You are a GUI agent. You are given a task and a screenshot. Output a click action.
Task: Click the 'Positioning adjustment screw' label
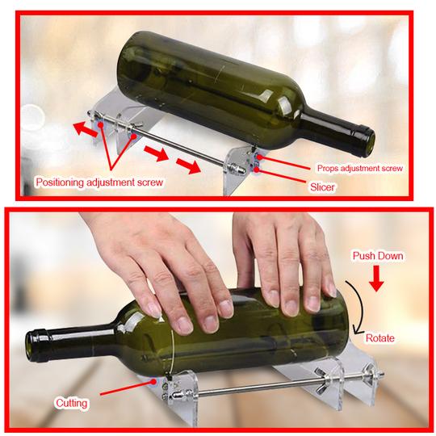click(99, 182)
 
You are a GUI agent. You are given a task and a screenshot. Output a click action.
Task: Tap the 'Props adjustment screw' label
click(360, 168)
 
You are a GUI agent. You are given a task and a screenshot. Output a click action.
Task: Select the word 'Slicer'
click(322, 187)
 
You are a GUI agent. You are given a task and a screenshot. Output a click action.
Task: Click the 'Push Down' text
click(378, 256)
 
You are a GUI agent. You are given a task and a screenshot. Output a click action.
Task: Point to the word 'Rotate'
click(379, 338)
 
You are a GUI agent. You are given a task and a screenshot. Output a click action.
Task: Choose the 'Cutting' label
click(72, 403)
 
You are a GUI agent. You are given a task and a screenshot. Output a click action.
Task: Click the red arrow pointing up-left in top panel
click(85, 129)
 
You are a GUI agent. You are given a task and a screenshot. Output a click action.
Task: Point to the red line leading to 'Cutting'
click(128, 386)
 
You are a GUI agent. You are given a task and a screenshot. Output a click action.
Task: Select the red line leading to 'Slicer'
click(281, 175)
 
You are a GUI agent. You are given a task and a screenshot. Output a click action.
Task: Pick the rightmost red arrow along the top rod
click(188, 166)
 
